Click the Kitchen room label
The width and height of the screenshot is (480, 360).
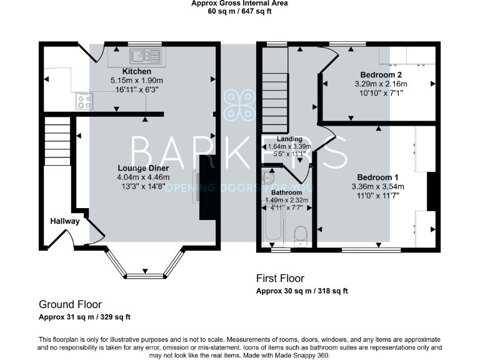136,72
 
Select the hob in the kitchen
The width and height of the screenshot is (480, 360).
84,99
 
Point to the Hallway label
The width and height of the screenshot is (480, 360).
65,221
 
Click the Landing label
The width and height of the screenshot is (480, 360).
290,139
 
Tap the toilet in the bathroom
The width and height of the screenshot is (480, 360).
301,237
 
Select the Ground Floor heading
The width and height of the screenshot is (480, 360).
70,305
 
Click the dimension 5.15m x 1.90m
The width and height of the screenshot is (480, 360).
136,81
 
